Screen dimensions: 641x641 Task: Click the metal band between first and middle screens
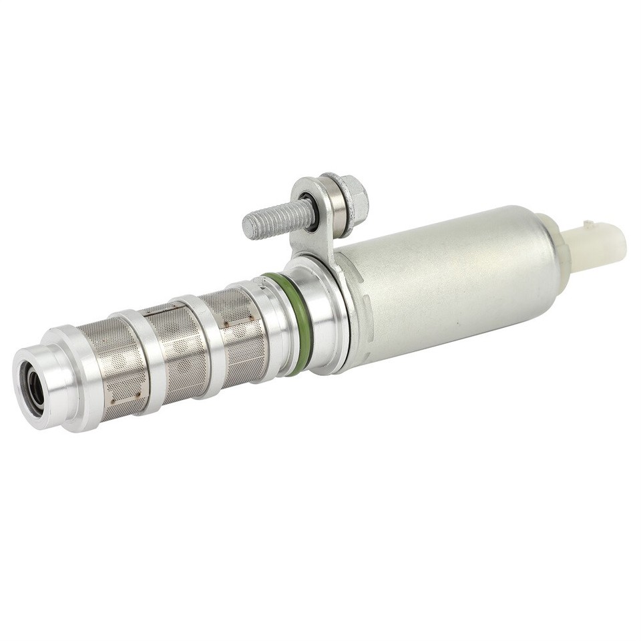151,361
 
